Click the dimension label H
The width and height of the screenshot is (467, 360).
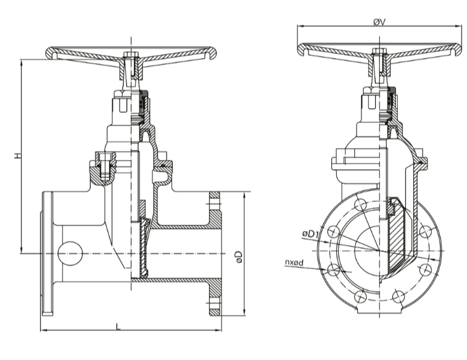pos(18,155)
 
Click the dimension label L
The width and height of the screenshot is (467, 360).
pos(118,327)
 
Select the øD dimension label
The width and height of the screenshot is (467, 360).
pos(239,257)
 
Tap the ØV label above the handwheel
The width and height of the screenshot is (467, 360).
pos(379,22)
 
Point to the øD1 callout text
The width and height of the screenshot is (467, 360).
pos(310,234)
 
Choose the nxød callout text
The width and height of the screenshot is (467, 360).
pos(294,262)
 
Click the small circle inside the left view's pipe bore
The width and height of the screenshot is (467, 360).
pos(70,253)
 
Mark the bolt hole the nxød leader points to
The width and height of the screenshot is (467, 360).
pos(334,270)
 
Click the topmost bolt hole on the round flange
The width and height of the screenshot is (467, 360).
pos(360,205)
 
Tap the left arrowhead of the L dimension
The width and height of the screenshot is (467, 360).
pos(43,330)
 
